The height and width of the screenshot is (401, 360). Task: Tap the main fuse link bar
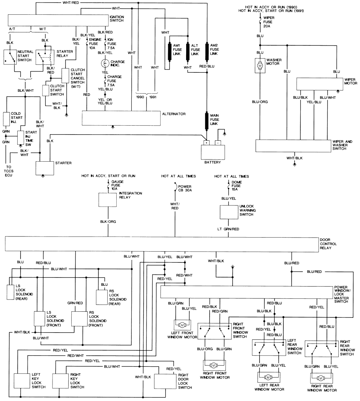[207, 121]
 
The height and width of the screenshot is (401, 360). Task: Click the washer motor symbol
[260, 66]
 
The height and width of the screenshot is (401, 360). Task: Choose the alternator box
[121, 118]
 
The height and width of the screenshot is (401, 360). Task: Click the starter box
[44, 167]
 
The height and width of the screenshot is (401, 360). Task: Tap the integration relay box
[108, 200]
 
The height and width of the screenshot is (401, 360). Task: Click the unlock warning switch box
[229, 212]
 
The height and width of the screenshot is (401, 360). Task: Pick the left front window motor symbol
[182, 325]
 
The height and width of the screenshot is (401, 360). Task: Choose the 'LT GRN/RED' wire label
[229, 229]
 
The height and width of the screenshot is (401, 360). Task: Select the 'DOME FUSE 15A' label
[235, 186]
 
